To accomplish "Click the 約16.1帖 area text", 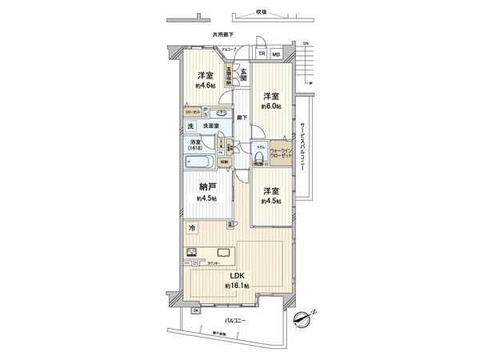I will pyautogui.click(x=237, y=286).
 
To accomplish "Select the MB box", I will pyautogui.click(x=275, y=54).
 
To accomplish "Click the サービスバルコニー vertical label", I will pyautogui.click(x=303, y=150).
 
